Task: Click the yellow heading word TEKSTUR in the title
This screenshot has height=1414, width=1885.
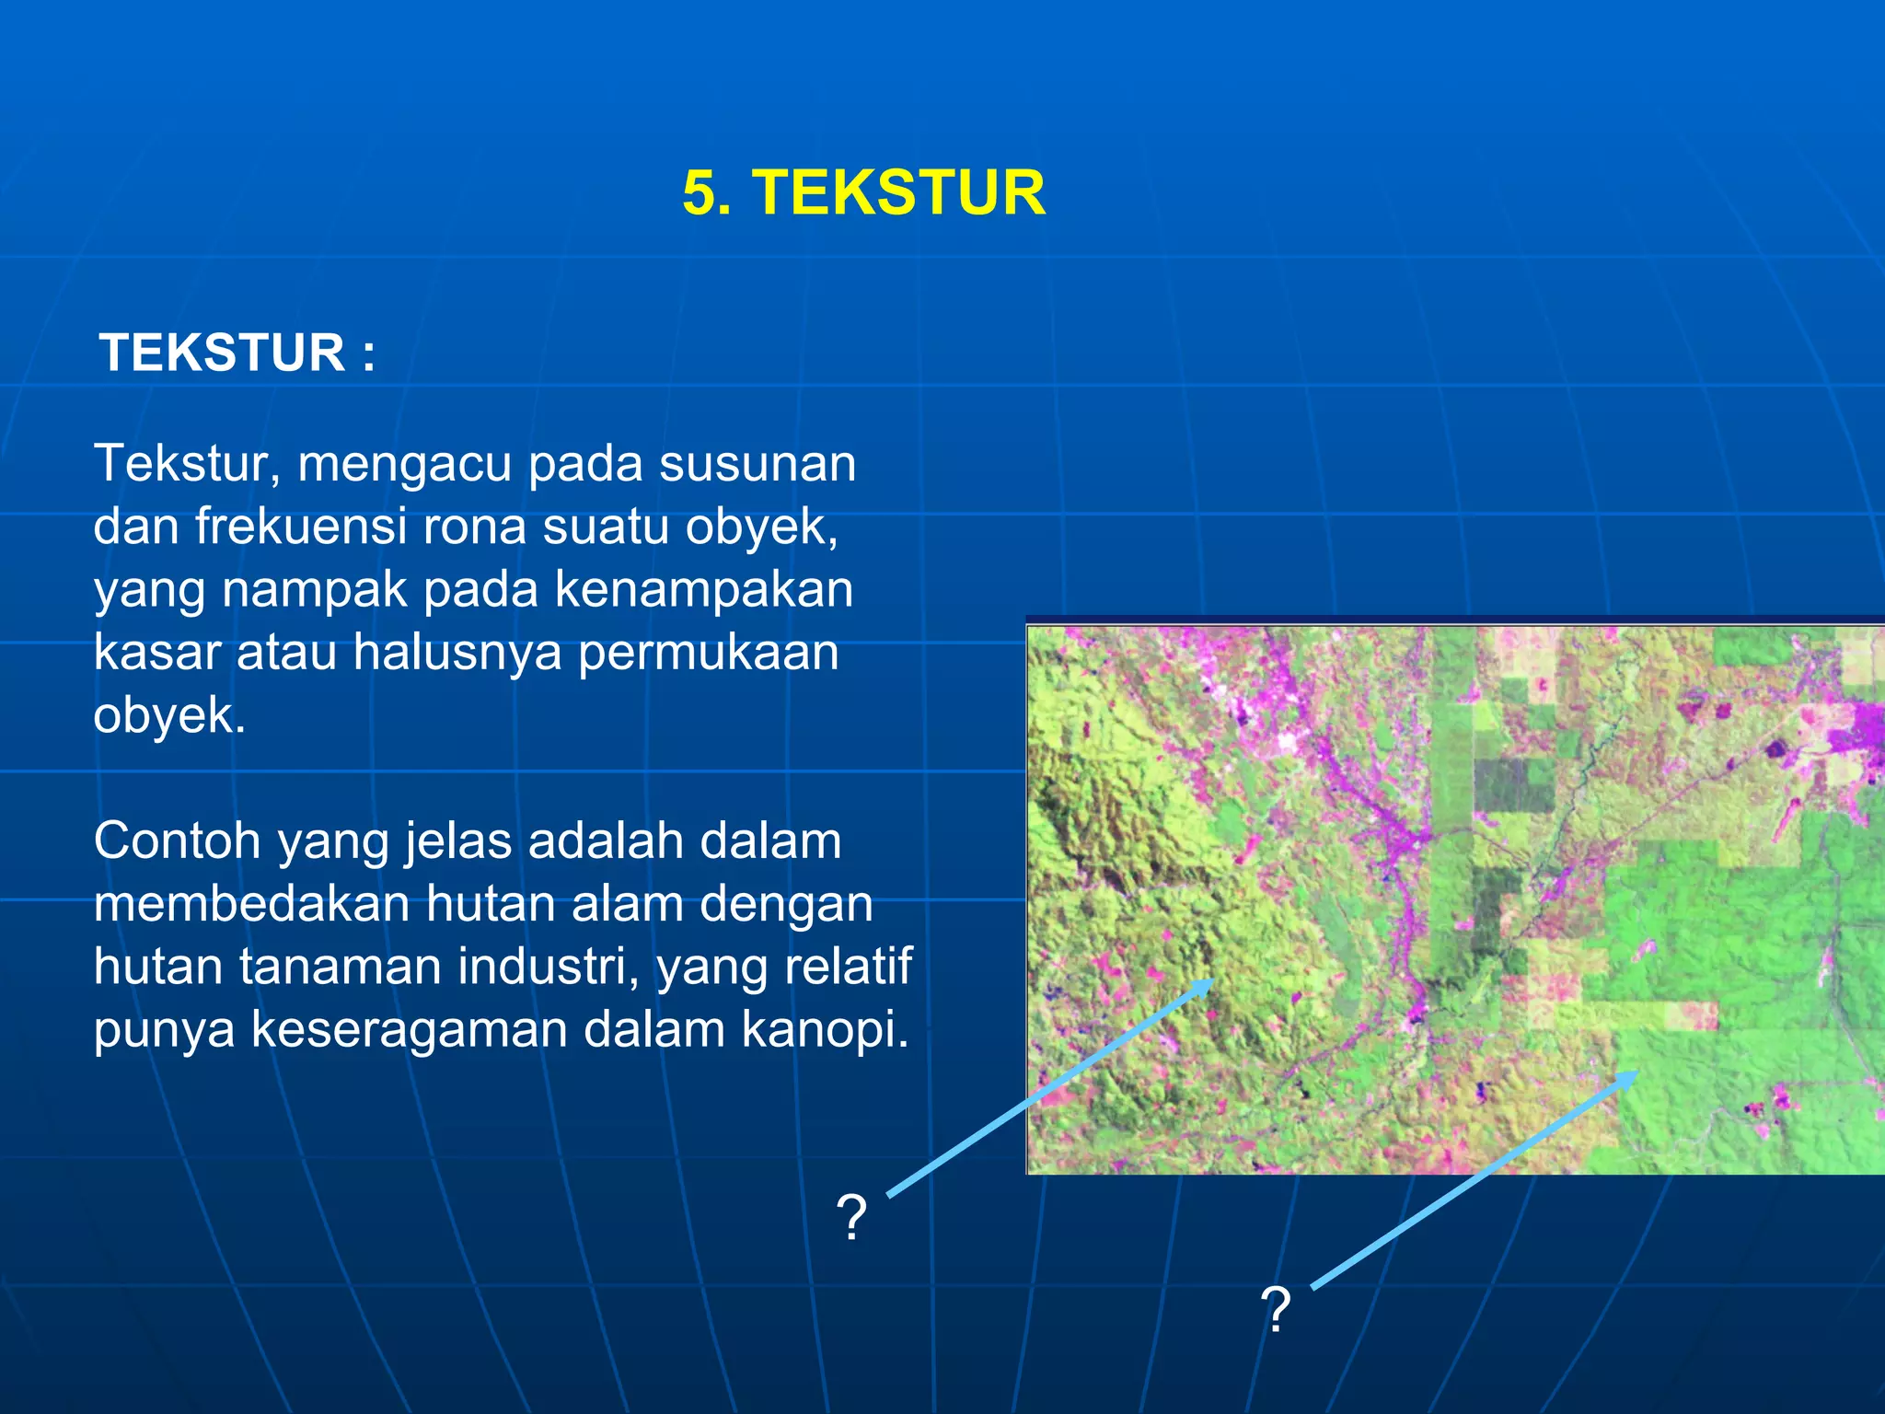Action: (899, 193)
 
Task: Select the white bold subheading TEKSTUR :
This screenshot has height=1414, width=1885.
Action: (237, 353)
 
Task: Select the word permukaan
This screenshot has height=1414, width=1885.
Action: (708, 652)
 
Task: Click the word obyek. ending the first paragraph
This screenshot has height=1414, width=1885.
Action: (169, 715)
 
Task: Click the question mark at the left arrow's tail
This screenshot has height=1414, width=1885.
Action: (852, 1217)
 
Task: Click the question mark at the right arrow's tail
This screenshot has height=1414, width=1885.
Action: (1276, 1310)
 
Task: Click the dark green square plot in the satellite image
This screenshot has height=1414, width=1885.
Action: (1513, 785)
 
